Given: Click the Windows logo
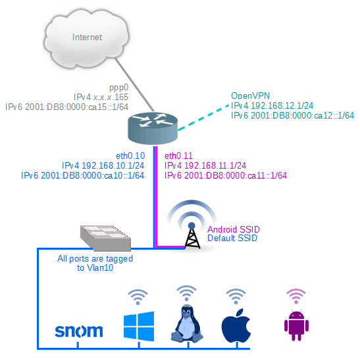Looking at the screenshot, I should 138,327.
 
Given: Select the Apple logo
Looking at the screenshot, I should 236,325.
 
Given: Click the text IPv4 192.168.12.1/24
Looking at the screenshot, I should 271,105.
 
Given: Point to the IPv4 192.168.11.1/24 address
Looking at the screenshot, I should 205,165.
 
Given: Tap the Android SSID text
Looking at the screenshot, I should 234,229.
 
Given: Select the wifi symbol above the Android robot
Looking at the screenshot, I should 296,294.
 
